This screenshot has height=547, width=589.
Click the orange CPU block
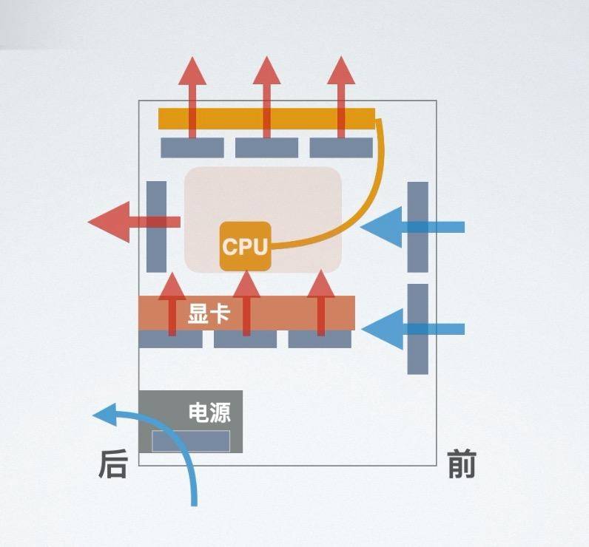coord(245,245)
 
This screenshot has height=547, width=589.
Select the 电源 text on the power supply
coord(209,412)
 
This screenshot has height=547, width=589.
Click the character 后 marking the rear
coord(113,466)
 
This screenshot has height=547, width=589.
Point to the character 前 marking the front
coord(462,466)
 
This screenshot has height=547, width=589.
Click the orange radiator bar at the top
coord(266,118)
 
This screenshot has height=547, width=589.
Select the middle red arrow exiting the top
coord(266,81)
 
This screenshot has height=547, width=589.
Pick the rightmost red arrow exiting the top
coord(341,81)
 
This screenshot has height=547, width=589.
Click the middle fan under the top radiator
coord(266,148)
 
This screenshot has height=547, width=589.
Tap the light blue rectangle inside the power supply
coord(191,441)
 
